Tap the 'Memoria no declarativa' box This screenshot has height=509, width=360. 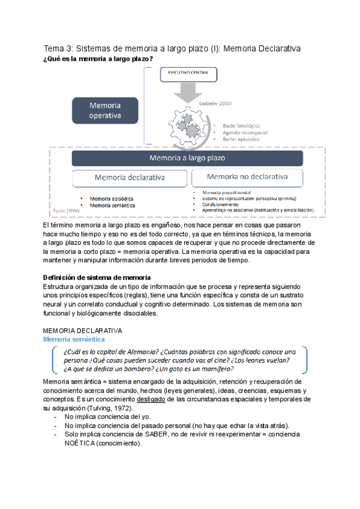(x=247, y=177)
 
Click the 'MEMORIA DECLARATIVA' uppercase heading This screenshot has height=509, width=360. (x=83, y=331)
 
